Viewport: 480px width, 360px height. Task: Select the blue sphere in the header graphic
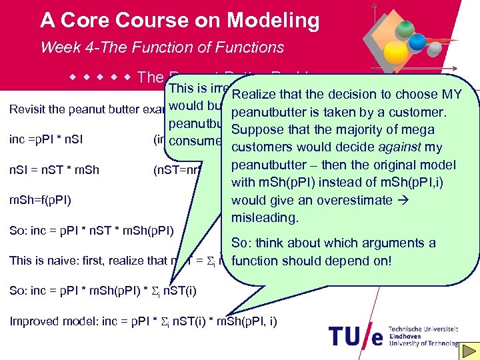[417, 42]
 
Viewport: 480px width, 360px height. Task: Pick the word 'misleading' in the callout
[264, 217]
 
